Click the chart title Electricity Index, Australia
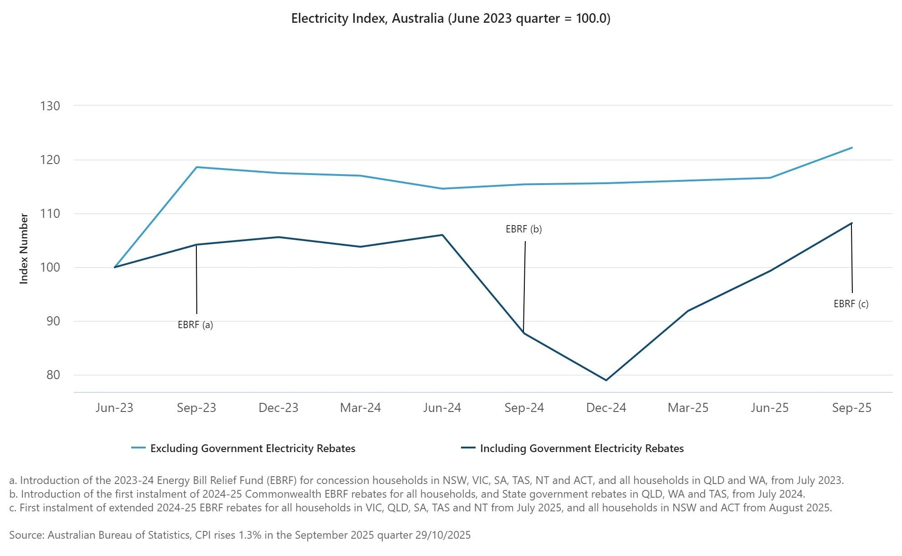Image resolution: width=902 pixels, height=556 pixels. pos(451,19)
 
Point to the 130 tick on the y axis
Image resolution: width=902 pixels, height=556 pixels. pos(50,106)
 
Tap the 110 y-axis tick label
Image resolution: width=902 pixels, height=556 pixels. pos(50,214)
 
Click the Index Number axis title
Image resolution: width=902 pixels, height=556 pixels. pos(24,249)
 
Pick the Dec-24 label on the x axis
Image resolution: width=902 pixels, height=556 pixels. pos(606,408)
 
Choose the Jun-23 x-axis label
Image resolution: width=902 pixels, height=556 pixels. pos(114,408)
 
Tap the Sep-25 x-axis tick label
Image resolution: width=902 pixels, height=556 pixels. pos(851,408)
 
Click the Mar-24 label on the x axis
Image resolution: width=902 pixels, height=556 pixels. pos(360,408)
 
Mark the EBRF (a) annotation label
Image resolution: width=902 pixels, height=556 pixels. pos(195,325)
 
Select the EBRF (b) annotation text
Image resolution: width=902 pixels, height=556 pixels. pos(524,229)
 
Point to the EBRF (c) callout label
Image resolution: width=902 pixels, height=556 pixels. pos(851,304)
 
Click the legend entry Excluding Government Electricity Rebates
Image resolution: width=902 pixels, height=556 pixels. pos(252,448)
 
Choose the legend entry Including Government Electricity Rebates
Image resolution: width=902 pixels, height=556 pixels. pos(582,448)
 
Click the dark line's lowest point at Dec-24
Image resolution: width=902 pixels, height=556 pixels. pos(606,380)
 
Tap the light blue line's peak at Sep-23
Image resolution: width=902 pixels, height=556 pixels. pos(196,167)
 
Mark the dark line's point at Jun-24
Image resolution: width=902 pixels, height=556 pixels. pos(442,235)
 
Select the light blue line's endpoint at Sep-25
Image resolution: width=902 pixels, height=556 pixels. pos(851,148)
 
